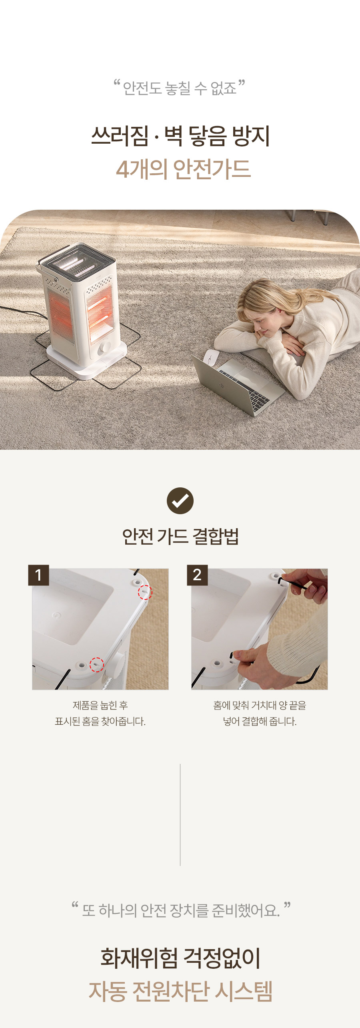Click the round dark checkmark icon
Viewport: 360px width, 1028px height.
click(180, 501)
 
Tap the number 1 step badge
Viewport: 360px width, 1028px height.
click(38, 575)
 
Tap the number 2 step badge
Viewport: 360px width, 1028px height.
click(197, 575)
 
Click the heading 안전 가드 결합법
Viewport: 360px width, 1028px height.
click(180, 537)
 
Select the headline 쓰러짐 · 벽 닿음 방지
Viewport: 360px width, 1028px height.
click(180, 136)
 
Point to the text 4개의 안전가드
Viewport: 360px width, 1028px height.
click(183, 169)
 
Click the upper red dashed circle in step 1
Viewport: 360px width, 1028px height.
click(145, 592)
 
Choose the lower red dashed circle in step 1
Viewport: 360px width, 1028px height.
click(96, 665)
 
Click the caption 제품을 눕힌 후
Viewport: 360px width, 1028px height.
click(100, 705)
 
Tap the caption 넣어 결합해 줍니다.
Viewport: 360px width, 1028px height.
click(260, 721)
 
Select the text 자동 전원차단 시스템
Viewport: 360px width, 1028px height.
click(180, 991)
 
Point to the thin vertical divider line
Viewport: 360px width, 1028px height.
click(180, 815)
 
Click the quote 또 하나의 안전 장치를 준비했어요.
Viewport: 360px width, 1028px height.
click(181, 910)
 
